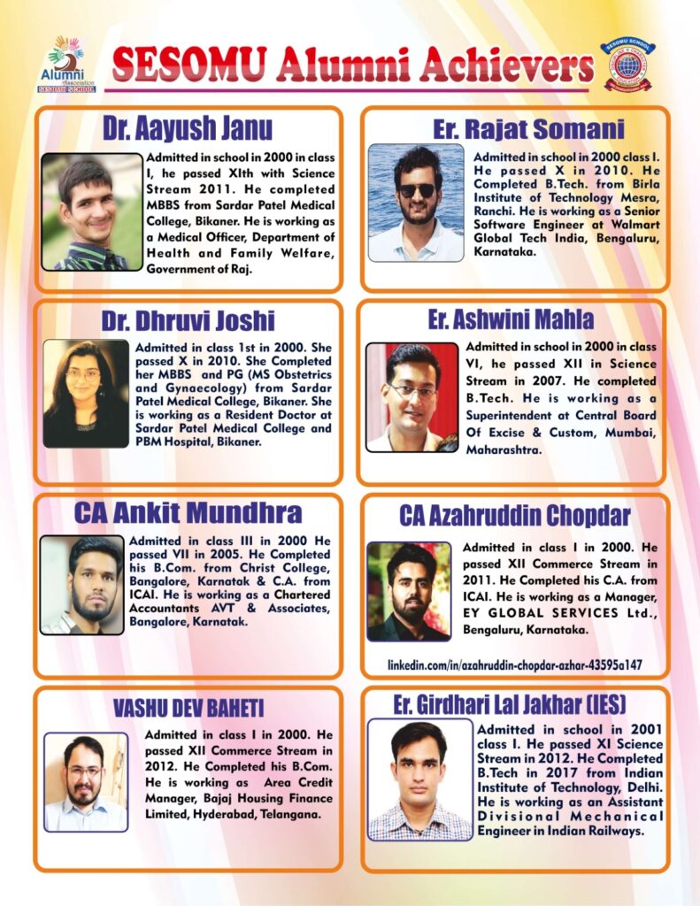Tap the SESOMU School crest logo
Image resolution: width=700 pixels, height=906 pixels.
[628, 65]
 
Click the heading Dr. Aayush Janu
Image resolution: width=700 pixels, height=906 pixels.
[187, 129]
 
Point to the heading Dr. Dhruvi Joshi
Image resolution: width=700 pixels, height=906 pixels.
[188, 319]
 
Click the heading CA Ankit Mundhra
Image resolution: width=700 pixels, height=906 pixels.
[188, 512]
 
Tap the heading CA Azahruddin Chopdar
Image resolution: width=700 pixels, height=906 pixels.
[514, 515]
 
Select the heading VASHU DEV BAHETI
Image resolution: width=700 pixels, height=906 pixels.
[188, 709]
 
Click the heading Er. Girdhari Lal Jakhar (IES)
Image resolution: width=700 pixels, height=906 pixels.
[510, 704]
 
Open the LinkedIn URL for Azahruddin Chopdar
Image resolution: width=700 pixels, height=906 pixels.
[514, 664]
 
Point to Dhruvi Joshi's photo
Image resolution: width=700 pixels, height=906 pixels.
[85, 393]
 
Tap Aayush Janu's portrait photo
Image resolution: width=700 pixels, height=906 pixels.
[91, 211]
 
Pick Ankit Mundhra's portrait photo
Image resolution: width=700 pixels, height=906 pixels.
[81, 585]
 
